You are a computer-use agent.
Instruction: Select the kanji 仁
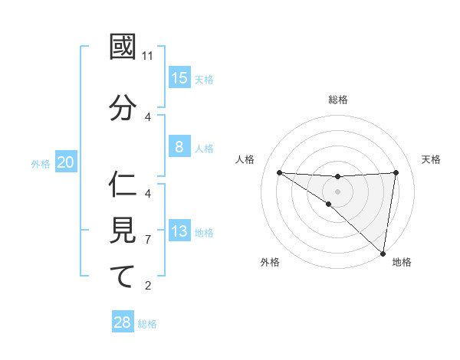click(123, 185)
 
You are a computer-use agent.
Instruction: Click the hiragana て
click(123, 277)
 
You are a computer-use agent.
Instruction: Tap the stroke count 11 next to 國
click(148, 56)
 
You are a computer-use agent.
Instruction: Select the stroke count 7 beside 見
click(148, 240)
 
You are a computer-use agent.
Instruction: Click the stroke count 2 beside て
click(148, 286)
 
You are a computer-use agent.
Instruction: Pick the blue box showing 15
click(179, 78)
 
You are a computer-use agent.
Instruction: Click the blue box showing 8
click(179, 147)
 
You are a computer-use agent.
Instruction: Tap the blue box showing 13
click(179, 231)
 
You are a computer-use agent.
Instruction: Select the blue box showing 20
click(66, 162)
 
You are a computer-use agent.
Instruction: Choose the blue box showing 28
click(123, 322)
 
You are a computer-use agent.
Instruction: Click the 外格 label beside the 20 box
click(41, 163)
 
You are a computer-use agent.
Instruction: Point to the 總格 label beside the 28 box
click(147, 323)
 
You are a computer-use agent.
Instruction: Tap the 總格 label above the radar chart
click(338, 100)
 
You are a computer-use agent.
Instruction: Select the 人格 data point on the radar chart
click(279, 172)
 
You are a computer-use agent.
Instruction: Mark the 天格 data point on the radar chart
click(396, 172)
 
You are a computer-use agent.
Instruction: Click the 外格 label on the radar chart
click(270, 262)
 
